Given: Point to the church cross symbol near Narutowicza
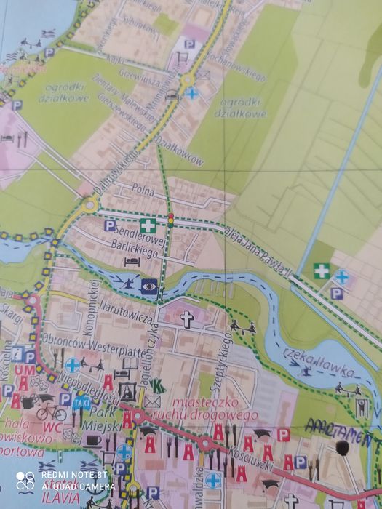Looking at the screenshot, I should pos(187,318).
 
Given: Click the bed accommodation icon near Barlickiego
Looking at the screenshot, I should pos(131,260).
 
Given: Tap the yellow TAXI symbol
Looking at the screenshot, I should pos(84,401).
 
